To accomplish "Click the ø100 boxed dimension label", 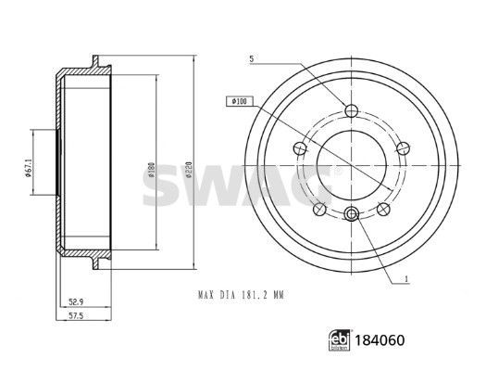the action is click(240, 101).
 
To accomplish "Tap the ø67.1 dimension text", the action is click(28, 168).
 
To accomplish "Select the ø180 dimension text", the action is click(151, 169).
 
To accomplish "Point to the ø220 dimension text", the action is click(190, 169).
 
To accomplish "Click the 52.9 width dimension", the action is click(76, 301).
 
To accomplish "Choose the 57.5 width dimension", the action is click(76, 316).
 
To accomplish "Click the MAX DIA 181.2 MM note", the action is click(241, 295).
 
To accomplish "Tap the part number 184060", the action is click(380, 340).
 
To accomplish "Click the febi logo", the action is click(340, 340).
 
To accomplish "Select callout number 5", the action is click(252, 58).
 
